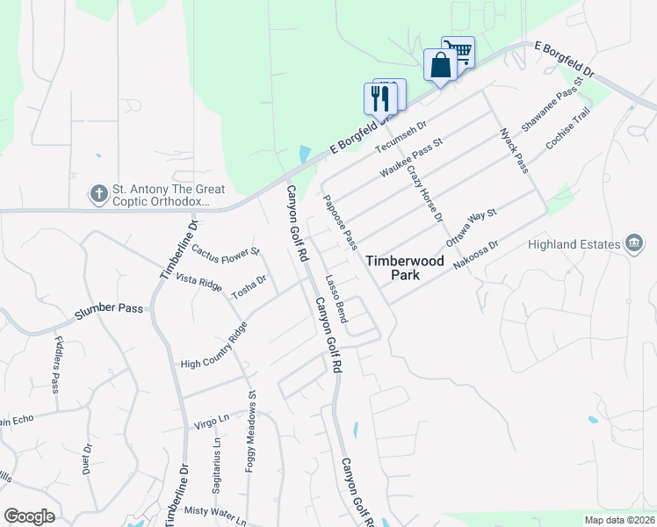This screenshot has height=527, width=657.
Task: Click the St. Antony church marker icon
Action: pyautogui.click(x=98, y=192)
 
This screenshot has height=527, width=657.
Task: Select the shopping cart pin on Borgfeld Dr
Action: pyautogui.click(x=458, y=52)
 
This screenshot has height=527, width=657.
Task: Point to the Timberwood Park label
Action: pyautogui.click(x=405, y=268)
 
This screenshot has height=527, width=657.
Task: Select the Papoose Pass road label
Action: pyautogui.click(x=341, y=222)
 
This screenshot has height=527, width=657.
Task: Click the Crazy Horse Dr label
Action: pyautogui.click(x=425, y=193)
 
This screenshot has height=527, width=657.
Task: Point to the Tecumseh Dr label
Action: pyautogui.click(x=400, y=136)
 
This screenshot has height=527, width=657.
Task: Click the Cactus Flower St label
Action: pyautogui.click(x=226, y=250)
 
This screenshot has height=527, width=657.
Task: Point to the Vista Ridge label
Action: pyautogui.click(x=199, y=283)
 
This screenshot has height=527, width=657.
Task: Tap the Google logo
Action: pyautogui.click(x=29, y=516)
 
